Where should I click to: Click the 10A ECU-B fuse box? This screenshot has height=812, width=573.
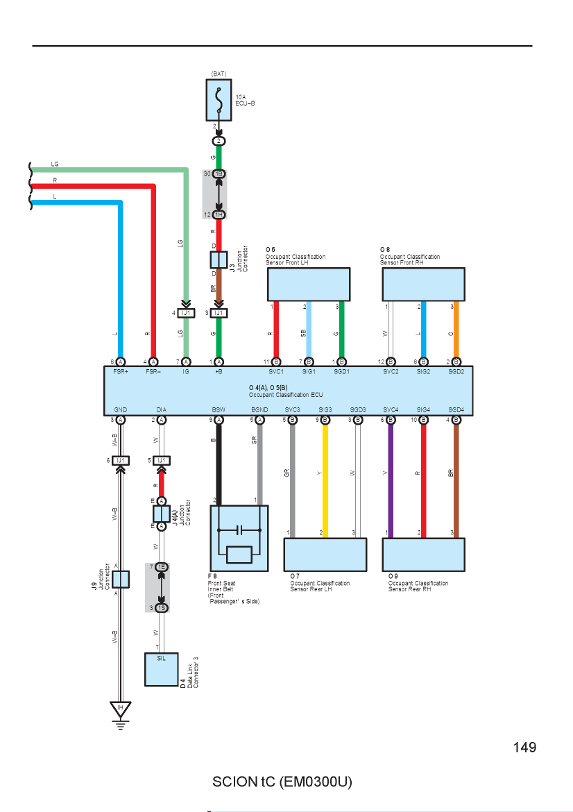point(219,100)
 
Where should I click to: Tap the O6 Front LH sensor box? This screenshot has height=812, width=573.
point(309,285)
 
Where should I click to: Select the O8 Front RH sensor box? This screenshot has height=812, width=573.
point(423,285)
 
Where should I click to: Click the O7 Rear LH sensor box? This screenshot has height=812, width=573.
point(325,555)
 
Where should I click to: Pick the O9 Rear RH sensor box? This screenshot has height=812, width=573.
point(423,555)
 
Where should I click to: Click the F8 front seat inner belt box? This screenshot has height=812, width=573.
point(239,539)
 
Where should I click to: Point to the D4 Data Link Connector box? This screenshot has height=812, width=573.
point(162,670)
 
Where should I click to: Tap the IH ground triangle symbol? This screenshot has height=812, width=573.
point(121,709)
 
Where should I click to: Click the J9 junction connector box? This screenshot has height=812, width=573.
point(121,580)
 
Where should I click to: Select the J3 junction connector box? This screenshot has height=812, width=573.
point(219,260)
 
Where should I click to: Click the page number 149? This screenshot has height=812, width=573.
point(524,747)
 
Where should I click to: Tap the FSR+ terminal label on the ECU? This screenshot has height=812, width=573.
point(121,372)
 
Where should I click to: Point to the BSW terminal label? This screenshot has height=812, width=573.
point(219,409)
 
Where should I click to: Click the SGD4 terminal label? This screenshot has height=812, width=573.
point(456,409)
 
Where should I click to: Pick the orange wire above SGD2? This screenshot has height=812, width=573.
point(456,330)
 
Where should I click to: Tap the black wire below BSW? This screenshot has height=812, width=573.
point(219,464)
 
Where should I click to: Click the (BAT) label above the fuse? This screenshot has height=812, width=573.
point(219,74)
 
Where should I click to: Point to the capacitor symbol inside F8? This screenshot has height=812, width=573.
point(239,530)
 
